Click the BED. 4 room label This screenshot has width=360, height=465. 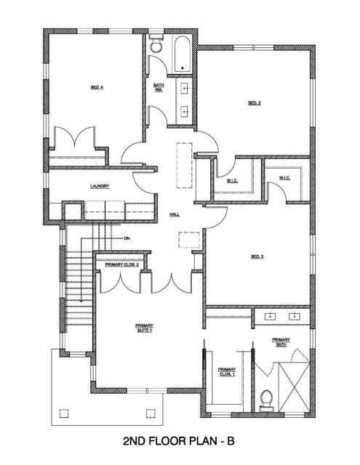click(97, 87)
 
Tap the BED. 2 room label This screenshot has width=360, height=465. click(255, 103)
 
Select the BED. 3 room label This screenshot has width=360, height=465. click(256, 256)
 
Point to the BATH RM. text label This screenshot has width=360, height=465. click(159, 87)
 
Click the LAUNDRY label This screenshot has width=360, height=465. click(100, 187)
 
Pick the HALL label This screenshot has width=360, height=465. click(175, 215)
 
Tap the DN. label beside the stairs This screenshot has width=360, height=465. click(127, 238)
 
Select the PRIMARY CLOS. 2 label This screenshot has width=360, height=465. click(122, 264)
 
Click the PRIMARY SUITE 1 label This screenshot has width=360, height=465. click(145, 328)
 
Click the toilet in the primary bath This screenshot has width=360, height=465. click(266, 400)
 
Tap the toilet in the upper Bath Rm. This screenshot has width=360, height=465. click(155, 46)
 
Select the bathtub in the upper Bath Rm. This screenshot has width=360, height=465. click(180, 52)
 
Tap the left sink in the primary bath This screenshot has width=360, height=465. click(271, 317)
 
